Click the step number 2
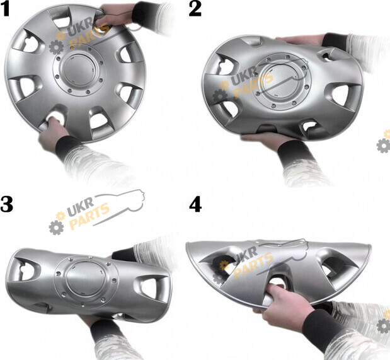click(195, 9)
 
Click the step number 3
click(6, 204)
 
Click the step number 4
click(195, 204)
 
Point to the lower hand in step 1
click(52, 133)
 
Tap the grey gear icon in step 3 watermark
click(56, 228)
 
